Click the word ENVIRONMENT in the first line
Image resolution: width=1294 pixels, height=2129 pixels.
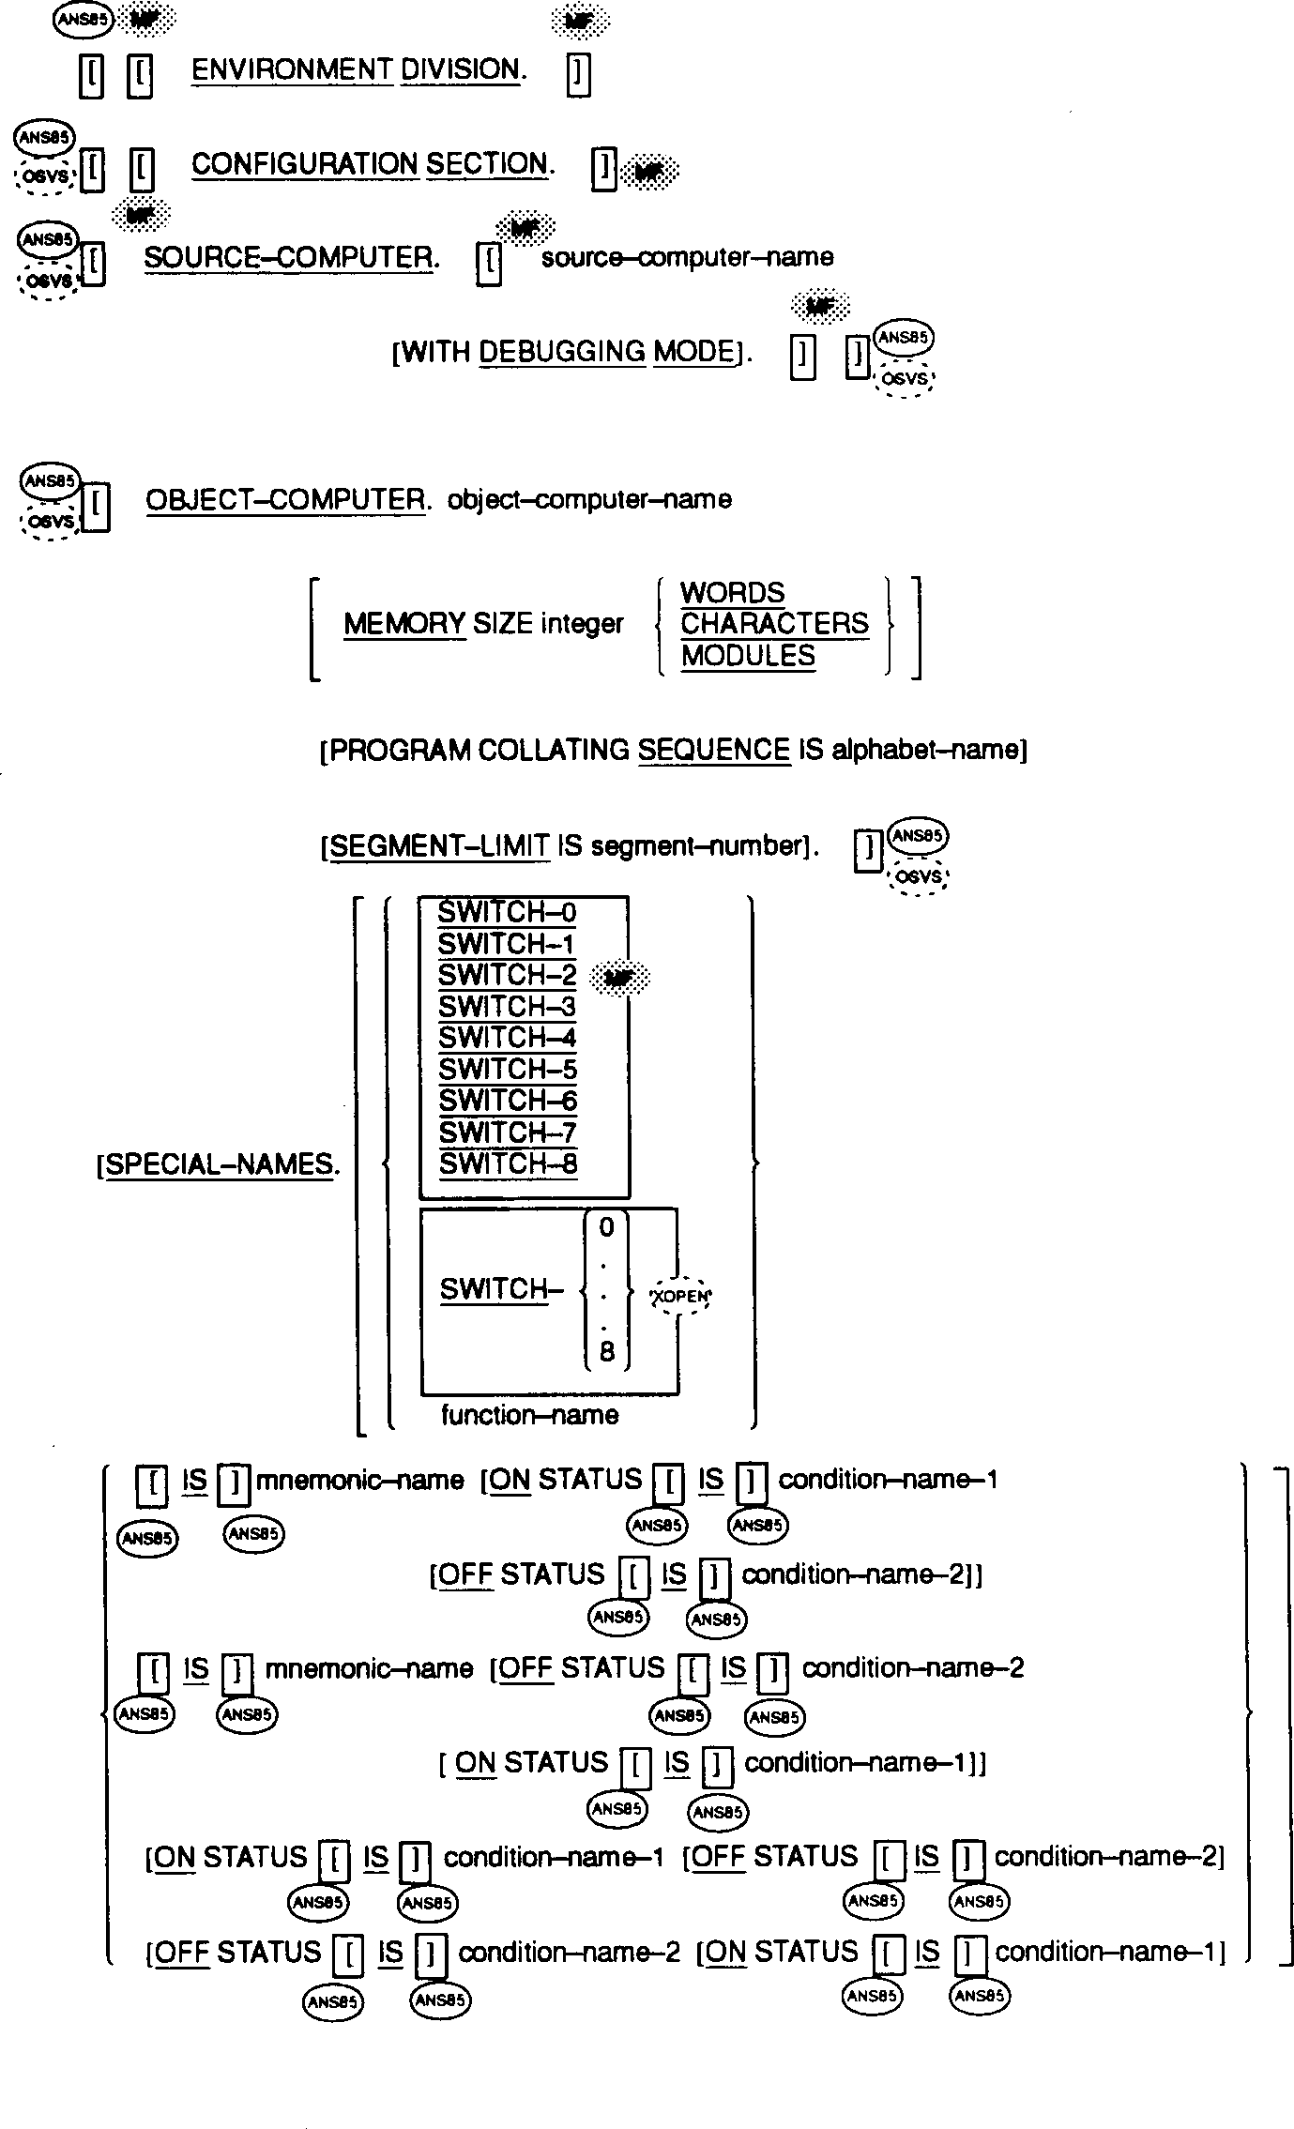[x=292, y=69]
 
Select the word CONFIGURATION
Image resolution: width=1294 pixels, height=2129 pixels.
[x=304, y=164]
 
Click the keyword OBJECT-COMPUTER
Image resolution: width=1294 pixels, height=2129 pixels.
[x=285, y=499]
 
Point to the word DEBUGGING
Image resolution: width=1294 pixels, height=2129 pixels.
[x=562, y=352]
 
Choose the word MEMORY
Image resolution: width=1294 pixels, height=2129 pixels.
[x=404, y=624]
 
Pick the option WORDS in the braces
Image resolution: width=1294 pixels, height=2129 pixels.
[x=732, y=593]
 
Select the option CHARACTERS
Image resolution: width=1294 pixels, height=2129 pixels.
[x=774, y=624]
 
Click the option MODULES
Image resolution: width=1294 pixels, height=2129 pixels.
[x=748, y=656]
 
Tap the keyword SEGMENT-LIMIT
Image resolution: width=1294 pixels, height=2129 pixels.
[x=440, y=846]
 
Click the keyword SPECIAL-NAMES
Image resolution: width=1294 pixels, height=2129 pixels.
[x=220, y=1164]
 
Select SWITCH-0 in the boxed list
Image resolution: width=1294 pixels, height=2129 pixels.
[x=507, y=913]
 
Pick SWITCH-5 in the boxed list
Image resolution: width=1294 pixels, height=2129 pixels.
[x=508, y=1070]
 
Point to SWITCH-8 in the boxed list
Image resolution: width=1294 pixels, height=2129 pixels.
[x=508, y=1163]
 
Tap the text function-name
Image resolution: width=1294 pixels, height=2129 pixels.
[x=529, y=1415]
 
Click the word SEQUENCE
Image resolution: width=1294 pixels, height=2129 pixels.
[x=713, y=751]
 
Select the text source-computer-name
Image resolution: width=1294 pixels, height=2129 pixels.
[x=687, y=258]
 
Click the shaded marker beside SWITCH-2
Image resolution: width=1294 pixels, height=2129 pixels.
[x=619, y=979]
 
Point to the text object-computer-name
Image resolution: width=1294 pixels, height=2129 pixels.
[x=589, y=499]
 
